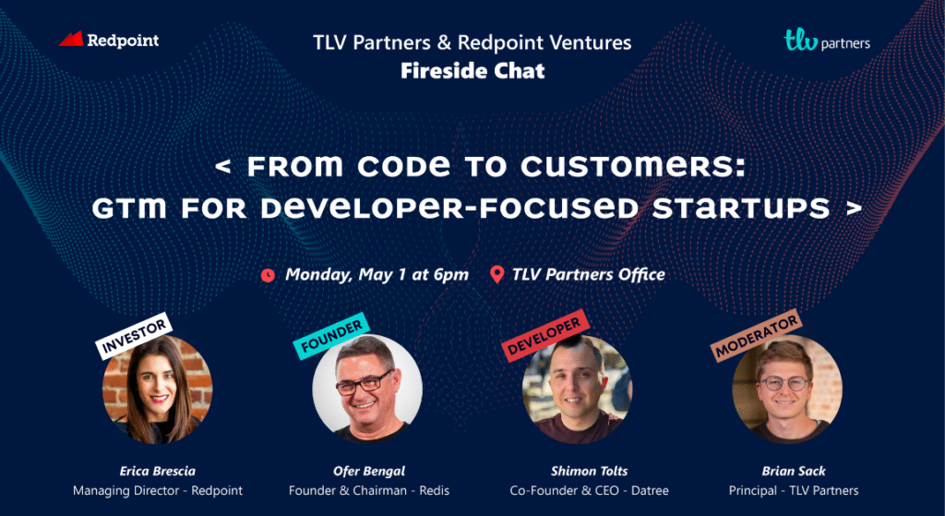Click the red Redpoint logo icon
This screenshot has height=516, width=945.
[x=70, y=39]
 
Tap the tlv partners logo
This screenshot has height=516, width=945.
[x=826, y=41]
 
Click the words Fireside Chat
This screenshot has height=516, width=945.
[x=472, y=70]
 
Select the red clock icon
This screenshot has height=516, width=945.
[x=269, y=275]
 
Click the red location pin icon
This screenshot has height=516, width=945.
[x=496, y=275]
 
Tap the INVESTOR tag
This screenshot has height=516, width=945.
[x=134, y=336]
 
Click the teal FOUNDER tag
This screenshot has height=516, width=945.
[x=331, y=336]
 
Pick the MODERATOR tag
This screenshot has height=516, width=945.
[x=756, y=335]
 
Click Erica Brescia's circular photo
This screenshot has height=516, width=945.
[x=157, y=390]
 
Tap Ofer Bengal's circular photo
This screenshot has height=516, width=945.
[x=367, y=390]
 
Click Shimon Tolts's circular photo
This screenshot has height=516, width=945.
[x=578, y=390]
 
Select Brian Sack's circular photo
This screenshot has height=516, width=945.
[x=787, y=390]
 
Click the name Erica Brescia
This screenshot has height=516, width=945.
[x=157, y=470]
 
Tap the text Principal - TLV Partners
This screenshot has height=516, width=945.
[x=794, y=490]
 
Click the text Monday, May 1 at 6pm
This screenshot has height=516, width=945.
[x=377, y=275]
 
